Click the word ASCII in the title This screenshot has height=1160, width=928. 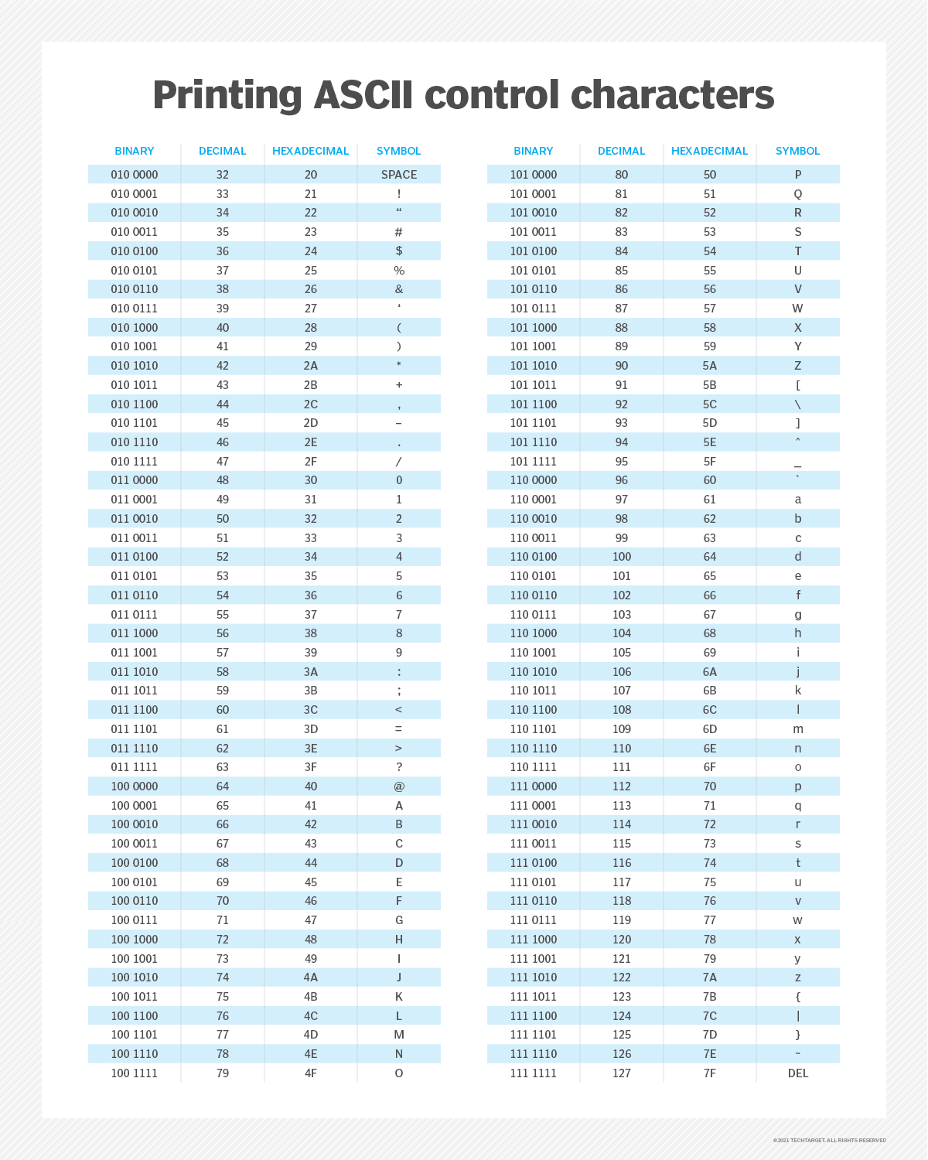point(363,95)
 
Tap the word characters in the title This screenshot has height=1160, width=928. point(672,95)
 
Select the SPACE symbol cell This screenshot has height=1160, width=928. point(399,175)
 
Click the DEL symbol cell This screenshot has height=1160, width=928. point(798,1073)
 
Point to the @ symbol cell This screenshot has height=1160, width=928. point(399,786)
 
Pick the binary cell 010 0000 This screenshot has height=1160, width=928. point(135,175)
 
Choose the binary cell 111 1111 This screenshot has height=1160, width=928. point(534,1073)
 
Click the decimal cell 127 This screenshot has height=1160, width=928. point(622,1073)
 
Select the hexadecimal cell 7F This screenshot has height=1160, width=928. point(710,1073)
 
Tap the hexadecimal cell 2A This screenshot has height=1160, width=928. point(311,366)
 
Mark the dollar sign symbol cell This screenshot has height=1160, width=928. point(399,251)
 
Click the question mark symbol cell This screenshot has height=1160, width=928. point(399,767)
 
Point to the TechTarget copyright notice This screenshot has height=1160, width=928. point(829,1140)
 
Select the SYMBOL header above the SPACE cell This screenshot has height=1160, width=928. point(399,151)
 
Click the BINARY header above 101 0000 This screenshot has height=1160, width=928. point(534,151)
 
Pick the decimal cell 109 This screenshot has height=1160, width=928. point(622,729)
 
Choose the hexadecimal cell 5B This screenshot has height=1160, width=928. point(710,385)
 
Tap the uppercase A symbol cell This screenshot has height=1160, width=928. point(399,806)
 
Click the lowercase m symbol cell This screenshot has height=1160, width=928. point(798,729)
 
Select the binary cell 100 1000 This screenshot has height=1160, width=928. point(135,940)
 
